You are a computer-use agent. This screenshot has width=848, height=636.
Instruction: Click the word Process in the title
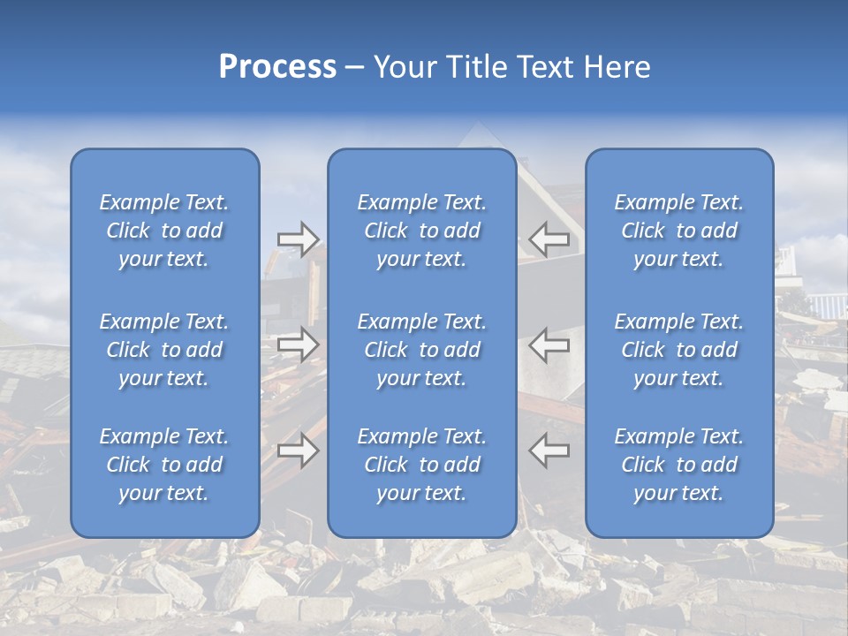[x=277, y=67]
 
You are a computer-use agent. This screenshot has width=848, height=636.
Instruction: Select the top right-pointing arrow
[x=299, y=239]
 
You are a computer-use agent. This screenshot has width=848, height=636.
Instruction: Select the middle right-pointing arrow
[x=299, y=344]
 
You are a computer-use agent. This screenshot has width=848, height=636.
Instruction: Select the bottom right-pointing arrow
[x=299, y=450]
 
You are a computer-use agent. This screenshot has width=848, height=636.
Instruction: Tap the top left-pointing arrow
[x=549, y=239]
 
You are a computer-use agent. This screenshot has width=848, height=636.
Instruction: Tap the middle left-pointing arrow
[x=549, y=344]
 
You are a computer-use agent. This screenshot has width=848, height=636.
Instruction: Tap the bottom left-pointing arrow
[x=549, y=450]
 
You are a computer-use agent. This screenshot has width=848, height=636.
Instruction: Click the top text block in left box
[x=164, y=231]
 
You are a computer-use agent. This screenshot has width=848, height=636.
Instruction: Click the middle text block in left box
[x=164, y=350]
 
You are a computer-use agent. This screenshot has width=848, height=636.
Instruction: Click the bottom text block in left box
[x=164, y=465]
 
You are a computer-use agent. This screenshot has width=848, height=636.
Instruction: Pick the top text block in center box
[x=421, y=231]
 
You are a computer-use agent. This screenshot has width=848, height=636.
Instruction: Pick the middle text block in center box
[x=421, y=350]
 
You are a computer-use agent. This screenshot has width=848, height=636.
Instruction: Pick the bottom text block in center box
[x=421, y=465]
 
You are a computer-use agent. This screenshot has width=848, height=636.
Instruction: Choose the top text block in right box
[x=678, y=231]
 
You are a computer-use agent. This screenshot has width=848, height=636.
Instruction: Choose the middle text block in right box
[x=678, y=350]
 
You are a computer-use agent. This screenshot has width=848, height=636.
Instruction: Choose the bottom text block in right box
[x=678, y=465]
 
